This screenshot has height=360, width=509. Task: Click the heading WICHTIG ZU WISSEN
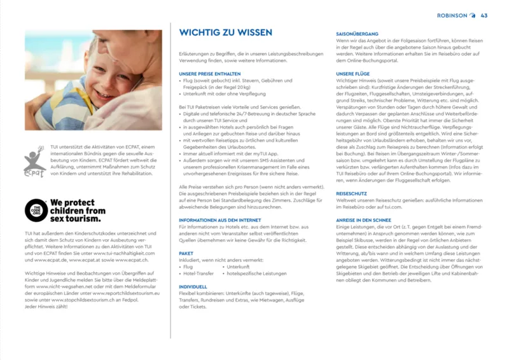coord(226,33)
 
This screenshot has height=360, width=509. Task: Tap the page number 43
coord(484,15)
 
